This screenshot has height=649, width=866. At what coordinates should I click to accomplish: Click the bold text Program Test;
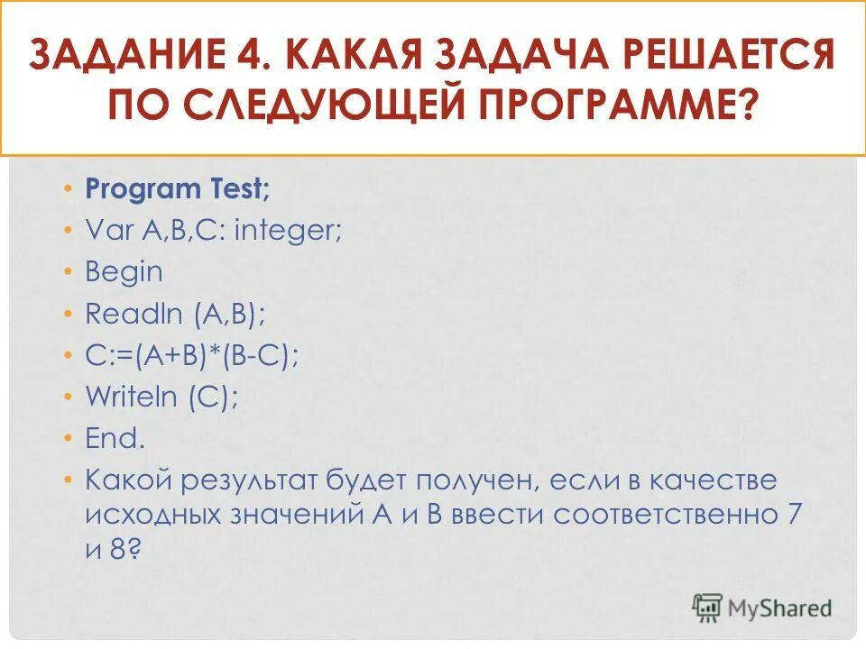coord(178,189)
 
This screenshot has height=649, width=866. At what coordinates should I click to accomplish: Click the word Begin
coord(124,272)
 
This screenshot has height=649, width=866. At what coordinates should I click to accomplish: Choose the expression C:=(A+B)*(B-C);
coord(192,356)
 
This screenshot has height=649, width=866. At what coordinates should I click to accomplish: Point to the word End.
coord(115,439)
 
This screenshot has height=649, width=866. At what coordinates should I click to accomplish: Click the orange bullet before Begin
coord(69,272)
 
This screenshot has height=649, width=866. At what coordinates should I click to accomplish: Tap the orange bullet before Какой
coord(69,480)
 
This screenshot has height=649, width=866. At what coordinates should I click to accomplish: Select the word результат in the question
coord(263,481)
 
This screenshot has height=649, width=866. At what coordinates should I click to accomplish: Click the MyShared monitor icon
coord(707,607)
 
